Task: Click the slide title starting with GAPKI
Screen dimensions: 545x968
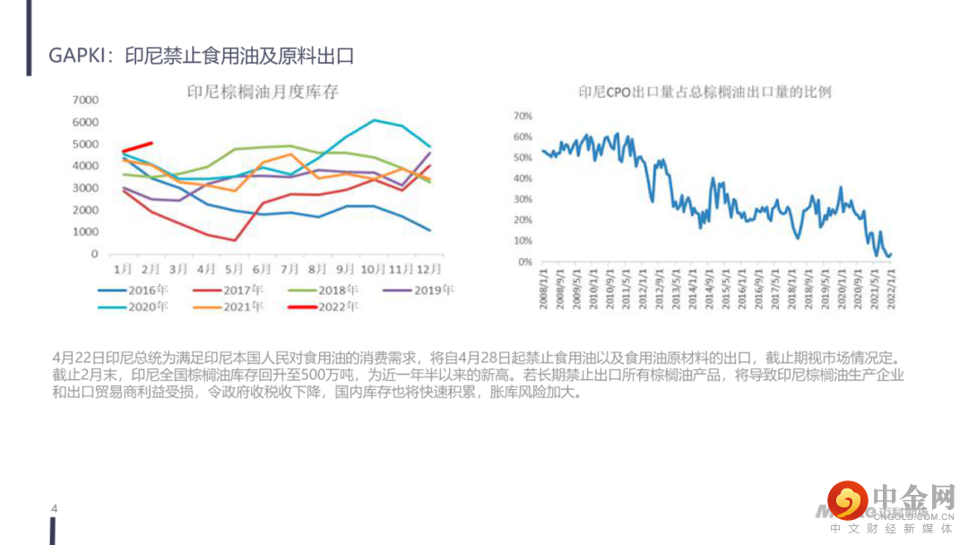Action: tap(202, 56)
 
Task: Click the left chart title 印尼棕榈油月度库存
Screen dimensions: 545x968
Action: tap(262, 91)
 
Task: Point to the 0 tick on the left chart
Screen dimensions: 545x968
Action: tap(93, 254)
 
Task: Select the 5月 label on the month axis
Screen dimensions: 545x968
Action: tap(233, 269)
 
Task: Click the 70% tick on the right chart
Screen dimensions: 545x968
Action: tap(522, 116)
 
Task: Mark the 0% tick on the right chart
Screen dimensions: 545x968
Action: tap(524, 262)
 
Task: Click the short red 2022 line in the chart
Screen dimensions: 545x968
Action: tap(137, 147)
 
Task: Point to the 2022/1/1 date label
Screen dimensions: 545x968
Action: tap(891, 289)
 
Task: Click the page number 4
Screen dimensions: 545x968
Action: tap(55, 509)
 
